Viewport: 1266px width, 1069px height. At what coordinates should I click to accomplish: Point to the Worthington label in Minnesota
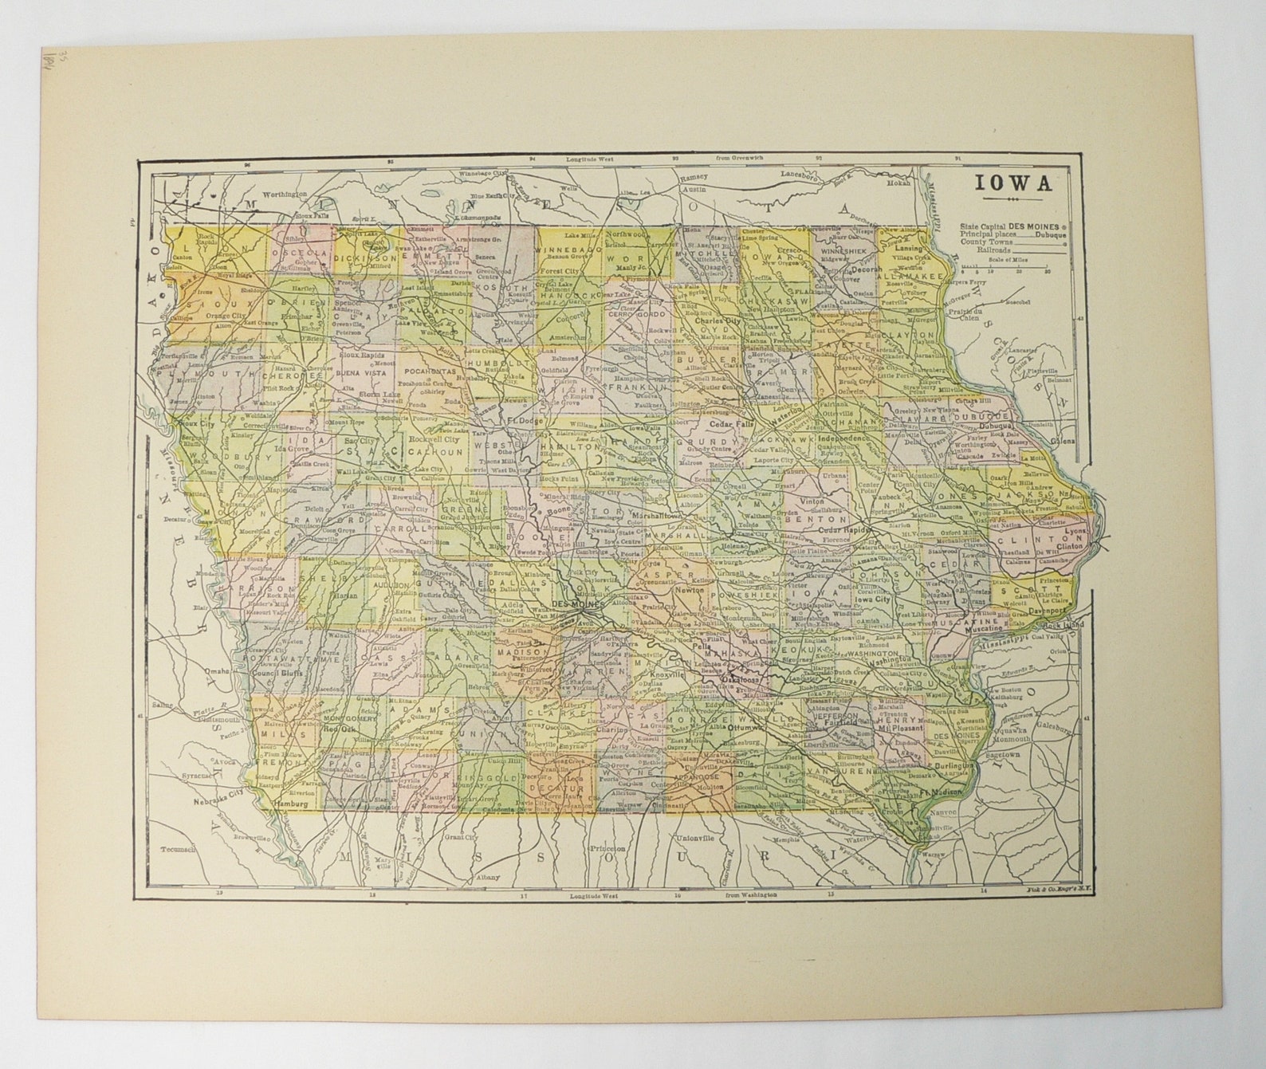click(x=285, y=194)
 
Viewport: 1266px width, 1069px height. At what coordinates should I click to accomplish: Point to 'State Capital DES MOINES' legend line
click(x=1011, y=226)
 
